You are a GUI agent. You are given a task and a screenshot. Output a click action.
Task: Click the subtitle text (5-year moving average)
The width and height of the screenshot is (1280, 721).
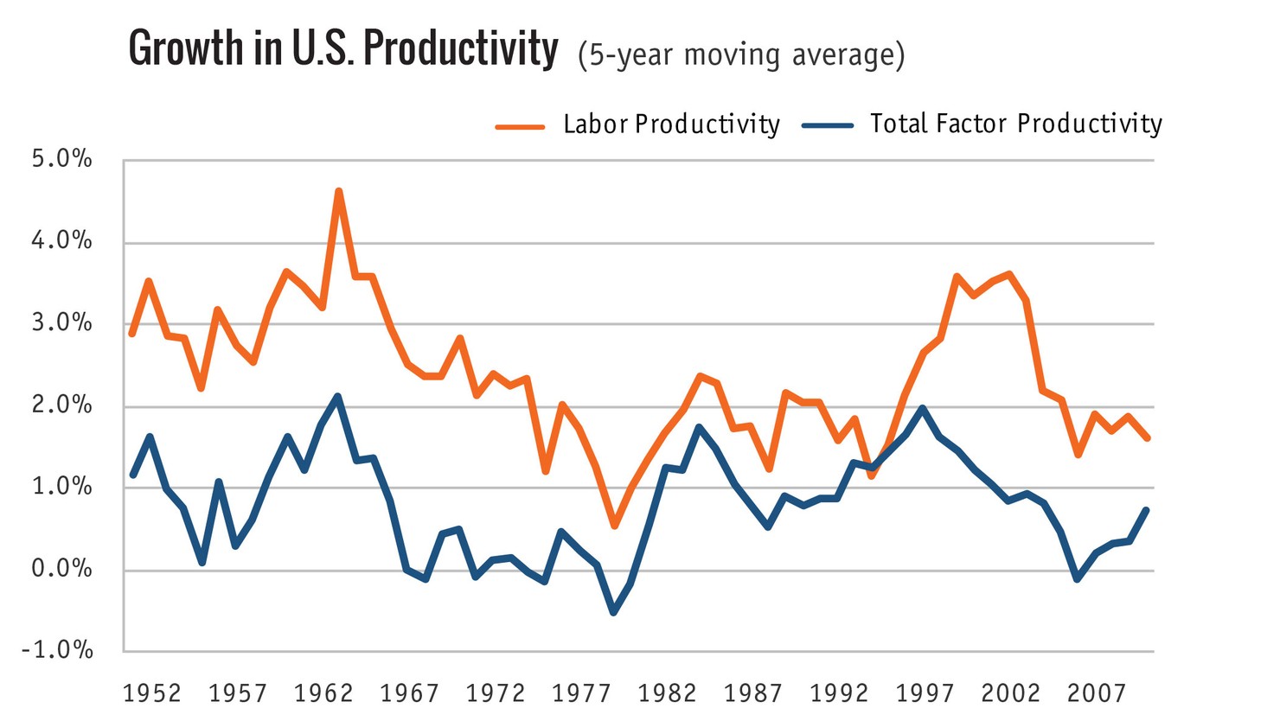point(741,54)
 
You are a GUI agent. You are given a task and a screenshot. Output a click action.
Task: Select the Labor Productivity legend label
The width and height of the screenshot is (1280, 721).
point(671,124)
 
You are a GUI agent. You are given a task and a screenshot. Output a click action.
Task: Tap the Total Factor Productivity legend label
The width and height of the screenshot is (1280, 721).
point(1015,124)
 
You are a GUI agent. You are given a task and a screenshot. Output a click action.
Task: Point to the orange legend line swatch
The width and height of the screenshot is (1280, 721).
point(520,126)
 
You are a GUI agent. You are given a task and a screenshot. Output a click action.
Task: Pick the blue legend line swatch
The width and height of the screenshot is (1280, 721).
point(828,125)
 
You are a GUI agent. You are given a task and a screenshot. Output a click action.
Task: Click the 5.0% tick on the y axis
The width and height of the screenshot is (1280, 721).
point(61,160)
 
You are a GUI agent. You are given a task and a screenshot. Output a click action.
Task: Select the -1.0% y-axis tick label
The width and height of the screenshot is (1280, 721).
point(57,650)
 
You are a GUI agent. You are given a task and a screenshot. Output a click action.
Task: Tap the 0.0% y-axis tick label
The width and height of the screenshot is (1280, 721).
point(61,569)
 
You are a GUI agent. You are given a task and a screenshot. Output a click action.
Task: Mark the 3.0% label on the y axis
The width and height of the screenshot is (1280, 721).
point(61,323)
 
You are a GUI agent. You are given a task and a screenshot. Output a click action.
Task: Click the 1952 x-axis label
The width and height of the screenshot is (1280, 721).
point(152,693)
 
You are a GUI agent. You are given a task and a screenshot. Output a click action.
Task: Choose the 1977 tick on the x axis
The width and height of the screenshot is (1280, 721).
point(581,693)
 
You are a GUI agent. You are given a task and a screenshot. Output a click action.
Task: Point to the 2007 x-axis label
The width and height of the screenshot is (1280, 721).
point(1096,693)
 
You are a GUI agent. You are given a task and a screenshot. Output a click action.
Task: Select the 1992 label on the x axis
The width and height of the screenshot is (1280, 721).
point(839,693)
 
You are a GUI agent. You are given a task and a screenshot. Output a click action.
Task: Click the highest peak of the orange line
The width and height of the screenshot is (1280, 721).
point(338,191)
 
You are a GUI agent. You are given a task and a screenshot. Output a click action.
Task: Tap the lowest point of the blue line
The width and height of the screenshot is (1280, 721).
point(613,612)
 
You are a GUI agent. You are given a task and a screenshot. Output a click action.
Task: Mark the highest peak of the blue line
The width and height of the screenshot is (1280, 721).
point(337,397)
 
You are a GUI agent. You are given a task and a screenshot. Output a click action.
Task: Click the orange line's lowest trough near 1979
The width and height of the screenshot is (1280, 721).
point(614,525)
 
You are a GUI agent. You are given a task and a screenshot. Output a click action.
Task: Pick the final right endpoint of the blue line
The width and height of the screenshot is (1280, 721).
point(1147,510)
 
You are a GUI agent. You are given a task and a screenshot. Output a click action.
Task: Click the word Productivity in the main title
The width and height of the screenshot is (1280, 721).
point(460,48)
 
